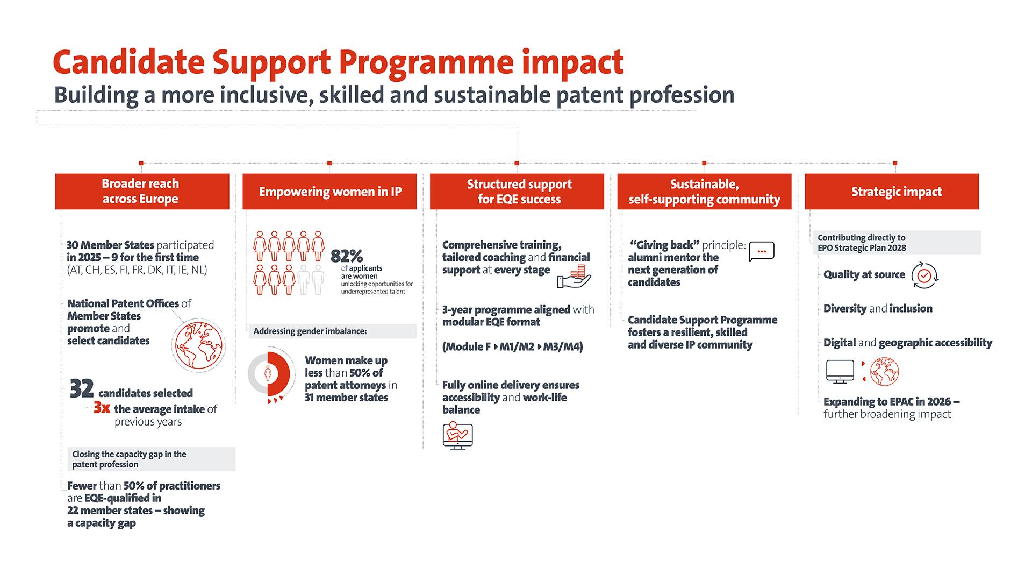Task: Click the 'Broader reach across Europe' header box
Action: click(x=142, y=191)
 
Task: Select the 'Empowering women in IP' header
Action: click(x=329, y=192)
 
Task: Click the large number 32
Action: click(x=82, y=389)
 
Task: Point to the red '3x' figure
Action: click(x=102, y=408)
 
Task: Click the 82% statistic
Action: click(x=346, y=256)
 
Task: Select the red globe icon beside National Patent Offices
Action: click(x=198, y=345)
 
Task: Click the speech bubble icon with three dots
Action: click(x=761, y=251)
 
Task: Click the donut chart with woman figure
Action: click(x=268, y=373)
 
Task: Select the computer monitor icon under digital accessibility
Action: click(x=840, y=372)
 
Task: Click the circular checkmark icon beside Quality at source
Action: click(x=924, y=275)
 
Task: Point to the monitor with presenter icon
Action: click(x=457, y=436)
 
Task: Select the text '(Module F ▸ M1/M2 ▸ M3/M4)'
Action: click(x=512, y=346)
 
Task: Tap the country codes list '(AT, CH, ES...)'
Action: click(x=137, y=270)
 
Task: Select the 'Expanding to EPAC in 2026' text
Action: click(x=891, y=402)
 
